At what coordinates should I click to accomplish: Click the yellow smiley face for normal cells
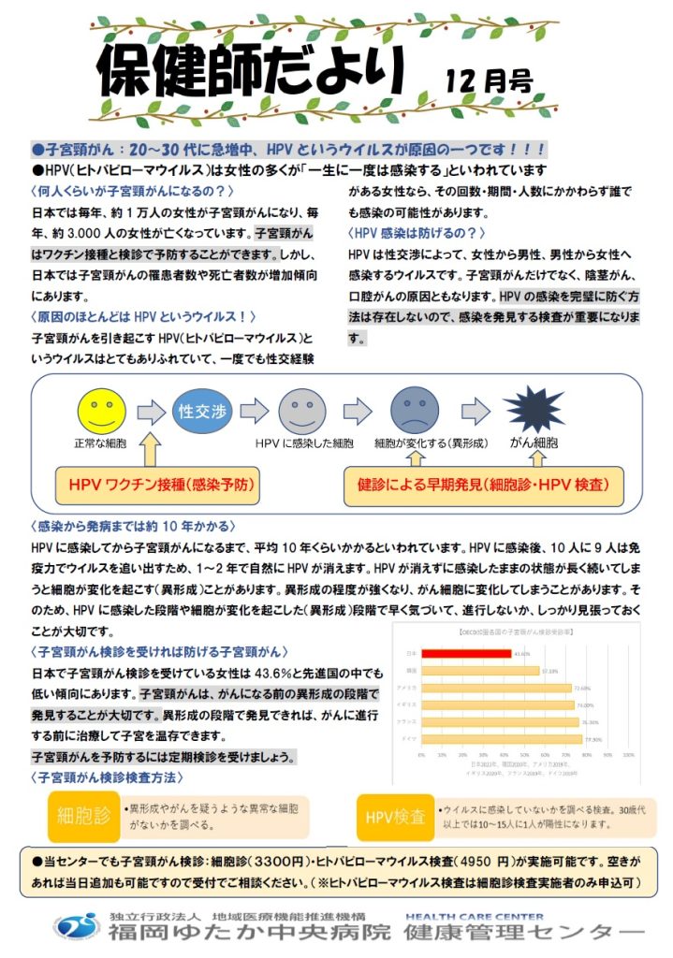coord(100,410)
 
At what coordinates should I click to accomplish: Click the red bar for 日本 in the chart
coord(466,653)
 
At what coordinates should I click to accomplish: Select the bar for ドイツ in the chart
coord(502,739)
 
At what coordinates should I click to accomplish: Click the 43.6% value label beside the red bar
coord(523,653)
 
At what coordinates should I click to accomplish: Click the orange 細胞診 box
coord(84,816)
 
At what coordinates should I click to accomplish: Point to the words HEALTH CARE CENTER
coord(473,916)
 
